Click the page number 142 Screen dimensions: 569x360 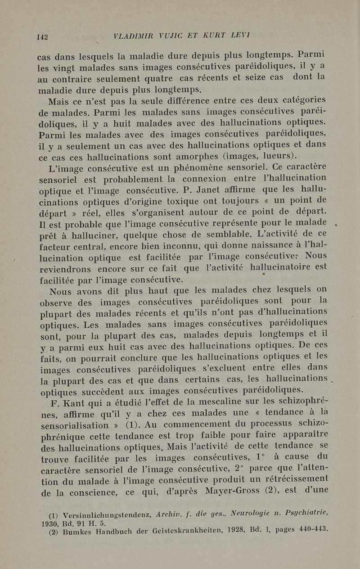(42, 37)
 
